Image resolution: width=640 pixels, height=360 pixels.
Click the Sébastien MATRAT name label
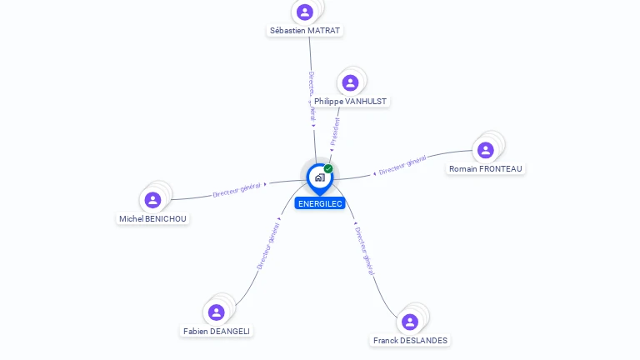pyautogui.click(x=305, y=31)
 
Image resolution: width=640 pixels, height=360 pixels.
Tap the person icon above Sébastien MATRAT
pyautogui.click(x=305, y=12)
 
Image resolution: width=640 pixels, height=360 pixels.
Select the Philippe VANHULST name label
pyautogui.click(x=350, y=102)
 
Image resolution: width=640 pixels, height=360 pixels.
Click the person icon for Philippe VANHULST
pyautogui.click(x=350, y=82)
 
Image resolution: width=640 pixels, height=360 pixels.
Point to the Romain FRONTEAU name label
pyautogui.click(x=486, y=169)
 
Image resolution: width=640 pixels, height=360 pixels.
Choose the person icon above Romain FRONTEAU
pyautogui.click(x=486, y=150)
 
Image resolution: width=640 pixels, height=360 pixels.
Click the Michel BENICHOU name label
pyautogui.click(x=153, y=219)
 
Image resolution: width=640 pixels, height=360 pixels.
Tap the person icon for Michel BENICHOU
pyautogui.click(x=152, y=200)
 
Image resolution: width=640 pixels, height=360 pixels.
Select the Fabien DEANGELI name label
pyautogui.click(x=217, y=332)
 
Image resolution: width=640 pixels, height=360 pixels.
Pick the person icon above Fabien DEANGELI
pyautogui.click(x=217, y=312)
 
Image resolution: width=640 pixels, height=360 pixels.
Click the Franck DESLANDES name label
pyautogui.click(x=410, y=341)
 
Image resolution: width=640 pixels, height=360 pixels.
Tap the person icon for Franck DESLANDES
pyautogui.click(x=410, y=322)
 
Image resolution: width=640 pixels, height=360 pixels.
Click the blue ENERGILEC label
pyautogui.click(x=319, y=203)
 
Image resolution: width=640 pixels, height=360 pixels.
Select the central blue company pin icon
pyautogui.click(x=319, y=177)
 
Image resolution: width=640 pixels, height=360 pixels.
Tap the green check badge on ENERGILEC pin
pyautogui.click(x=328, y=169)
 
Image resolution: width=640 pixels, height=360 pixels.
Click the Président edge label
pyautogui.click(x=335, y=132)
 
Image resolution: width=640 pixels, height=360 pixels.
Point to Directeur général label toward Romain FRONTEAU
pyautogui.click(x=402, y=165)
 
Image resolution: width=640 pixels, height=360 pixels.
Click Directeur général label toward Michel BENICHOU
pyautogui.click(x=237, y=189)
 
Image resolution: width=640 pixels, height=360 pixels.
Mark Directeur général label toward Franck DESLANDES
pyautogui.click(x=364, y=251)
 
